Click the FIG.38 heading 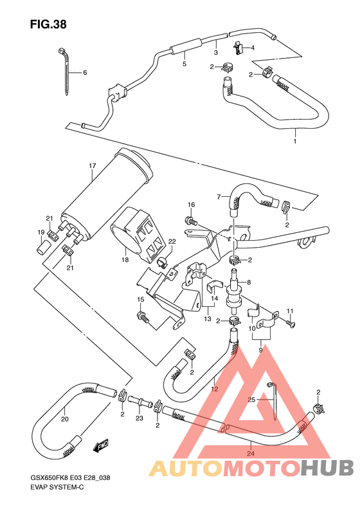pyautogui.click(x=48, y=24)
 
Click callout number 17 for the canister pyautogui.click(x=92, y=166)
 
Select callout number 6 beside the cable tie pyautogui.click(x=84, y=73)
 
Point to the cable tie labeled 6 pyautogui.click(x=66, y=71)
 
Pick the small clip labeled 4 pyautogui.click(x=238, y=46)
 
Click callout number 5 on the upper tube pyautogui.click(x=184, y=64)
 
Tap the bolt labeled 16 pyautogui.click(x=191, y=221)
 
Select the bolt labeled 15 pyautogui.click(x=143, y=316)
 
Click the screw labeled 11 pyautogui.click(x=291, y=324)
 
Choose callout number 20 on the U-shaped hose pyautogui.click(x=64, y=419)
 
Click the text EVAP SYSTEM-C pyautogui.click(x=57, y=488)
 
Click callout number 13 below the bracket pyautogui.click(x=208, y=319)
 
